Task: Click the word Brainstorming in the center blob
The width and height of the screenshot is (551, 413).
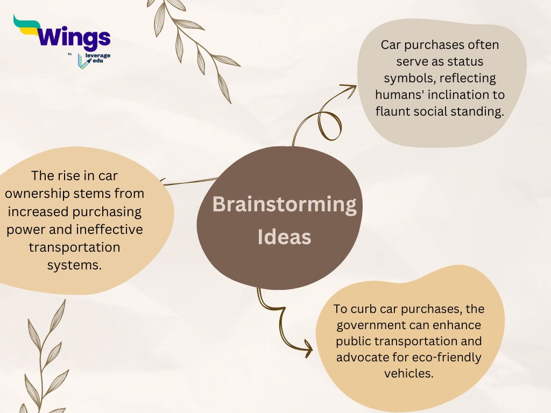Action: [x=284, y=205]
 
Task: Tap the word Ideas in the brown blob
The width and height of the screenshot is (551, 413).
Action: [x=284, y=237]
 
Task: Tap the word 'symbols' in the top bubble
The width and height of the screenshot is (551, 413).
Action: [x=407, y=78]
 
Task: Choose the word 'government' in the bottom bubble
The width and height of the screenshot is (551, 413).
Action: [x=370, y=325]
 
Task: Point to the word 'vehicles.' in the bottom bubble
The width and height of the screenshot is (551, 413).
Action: [x=408, y=373]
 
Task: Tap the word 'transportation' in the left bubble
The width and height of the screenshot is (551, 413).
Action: [x=74, y=247]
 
